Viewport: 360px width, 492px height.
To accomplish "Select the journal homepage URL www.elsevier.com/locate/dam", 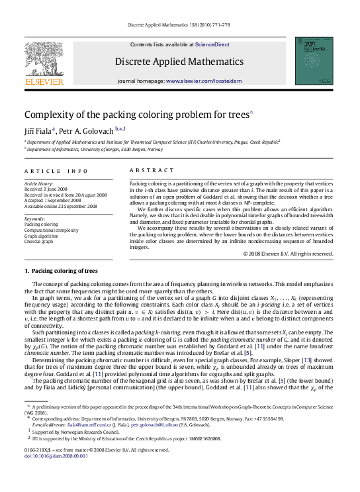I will [204, 80].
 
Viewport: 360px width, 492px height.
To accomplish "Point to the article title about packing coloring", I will [136, 114].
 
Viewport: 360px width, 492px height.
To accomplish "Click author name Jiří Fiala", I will [39, 130].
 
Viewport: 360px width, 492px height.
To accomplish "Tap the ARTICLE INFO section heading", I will [56, 171].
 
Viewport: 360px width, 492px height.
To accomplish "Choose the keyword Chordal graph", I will [39, 242].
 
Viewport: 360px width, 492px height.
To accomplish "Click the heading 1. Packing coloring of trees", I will [61, 271].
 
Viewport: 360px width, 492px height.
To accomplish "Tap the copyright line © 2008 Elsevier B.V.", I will [288, 254].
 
